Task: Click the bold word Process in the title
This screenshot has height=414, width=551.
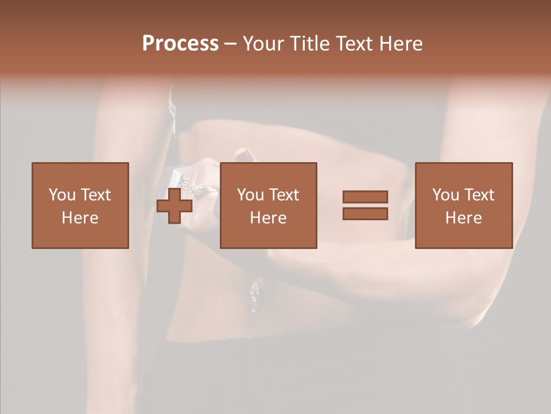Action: (180, 44)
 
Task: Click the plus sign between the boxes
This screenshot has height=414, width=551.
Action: (174, 206)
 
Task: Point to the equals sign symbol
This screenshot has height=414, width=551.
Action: (365, 205)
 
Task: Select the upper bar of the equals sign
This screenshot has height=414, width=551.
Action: (365, 197)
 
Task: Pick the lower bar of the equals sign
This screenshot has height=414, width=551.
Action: (365, 213)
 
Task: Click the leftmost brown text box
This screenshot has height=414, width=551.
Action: (80, 205)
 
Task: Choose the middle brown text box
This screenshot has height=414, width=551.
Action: (268, 205)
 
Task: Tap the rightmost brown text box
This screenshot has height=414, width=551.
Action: (463, 205)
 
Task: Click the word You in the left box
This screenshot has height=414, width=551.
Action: (62, 195)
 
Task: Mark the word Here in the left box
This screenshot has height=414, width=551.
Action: (80, 218)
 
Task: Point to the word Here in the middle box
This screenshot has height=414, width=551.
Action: (268, 218)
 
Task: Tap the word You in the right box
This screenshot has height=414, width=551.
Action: (445, 195)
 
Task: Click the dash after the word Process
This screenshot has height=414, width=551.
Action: (231, 44)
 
